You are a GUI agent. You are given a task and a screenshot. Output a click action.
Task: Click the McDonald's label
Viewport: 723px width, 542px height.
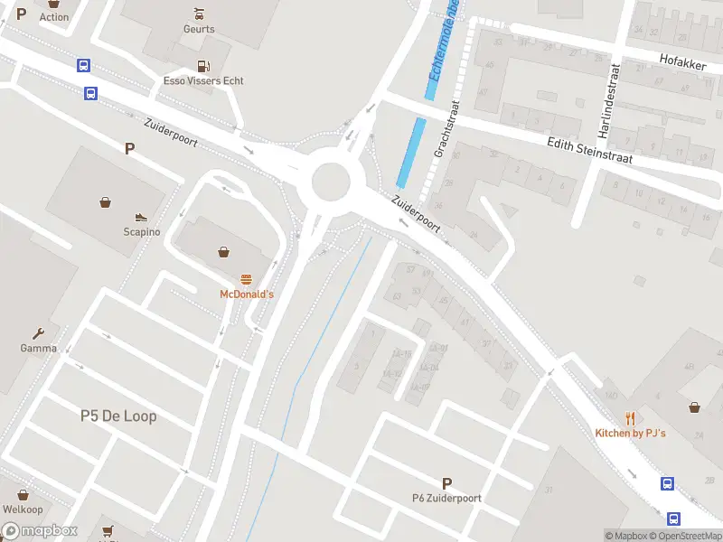[x=246, y=294]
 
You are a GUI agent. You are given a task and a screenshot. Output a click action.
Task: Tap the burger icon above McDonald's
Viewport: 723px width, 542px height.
[x=245, y=278]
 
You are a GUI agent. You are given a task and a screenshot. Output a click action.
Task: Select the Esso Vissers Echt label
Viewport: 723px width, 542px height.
[x=203, y=81]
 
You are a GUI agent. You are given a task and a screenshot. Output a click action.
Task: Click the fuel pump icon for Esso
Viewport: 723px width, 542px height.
[x=203, y=65]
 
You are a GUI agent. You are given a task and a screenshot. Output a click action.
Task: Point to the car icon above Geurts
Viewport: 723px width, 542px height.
[x=199, y=13]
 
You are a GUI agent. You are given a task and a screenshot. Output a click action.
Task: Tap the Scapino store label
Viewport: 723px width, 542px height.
[x=142, y=232]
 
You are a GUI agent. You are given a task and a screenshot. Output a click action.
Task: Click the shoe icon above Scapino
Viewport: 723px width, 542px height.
[x=141, y=217]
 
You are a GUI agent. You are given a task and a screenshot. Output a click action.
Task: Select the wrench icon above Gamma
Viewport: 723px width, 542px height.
[x=39, y=332]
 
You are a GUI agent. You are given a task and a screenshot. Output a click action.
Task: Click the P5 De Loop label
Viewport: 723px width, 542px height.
[x=118, y=416]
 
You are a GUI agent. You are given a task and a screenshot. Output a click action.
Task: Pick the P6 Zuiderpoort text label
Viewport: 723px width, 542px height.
[x=446, y=499]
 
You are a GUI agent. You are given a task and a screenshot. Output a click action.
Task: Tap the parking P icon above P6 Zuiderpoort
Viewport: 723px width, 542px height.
[x=446, y=483]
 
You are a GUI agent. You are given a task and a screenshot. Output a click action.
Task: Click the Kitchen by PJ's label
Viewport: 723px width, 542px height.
[x=630, y=434]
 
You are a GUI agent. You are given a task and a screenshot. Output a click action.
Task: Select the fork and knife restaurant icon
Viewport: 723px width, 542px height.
[x=631, y=418]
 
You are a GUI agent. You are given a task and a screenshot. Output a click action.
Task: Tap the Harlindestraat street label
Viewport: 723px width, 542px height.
[x=606, y=100]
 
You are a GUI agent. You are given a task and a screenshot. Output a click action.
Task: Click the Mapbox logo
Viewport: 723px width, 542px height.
[x=40, y=531]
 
